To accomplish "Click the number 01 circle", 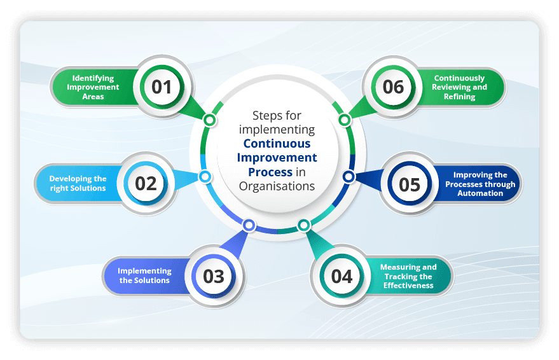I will click(162, 87).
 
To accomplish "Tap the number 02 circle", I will click(146, 183).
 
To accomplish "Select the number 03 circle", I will click(214, 276).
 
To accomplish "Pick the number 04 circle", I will click(342, 276).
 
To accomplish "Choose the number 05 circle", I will click(410, 184).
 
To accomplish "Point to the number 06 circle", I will click(393, 87).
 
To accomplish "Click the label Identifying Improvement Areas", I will click(93, 87).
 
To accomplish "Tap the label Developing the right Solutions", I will click(78, 184).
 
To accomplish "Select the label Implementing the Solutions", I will click(144, 276).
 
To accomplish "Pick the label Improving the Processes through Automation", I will click(481, 184).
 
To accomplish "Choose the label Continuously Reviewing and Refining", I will click(459, 88).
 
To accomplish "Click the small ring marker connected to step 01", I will click(209, 120).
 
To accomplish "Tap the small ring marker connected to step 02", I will click(204, 176).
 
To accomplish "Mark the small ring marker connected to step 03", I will click(249, 225).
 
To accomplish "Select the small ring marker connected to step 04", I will click(304, 225).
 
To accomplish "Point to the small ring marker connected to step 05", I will click(349, 176).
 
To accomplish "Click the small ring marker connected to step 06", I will click(344, 120).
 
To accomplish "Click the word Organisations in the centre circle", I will click(277, 186).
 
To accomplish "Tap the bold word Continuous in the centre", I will click(277, 144).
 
